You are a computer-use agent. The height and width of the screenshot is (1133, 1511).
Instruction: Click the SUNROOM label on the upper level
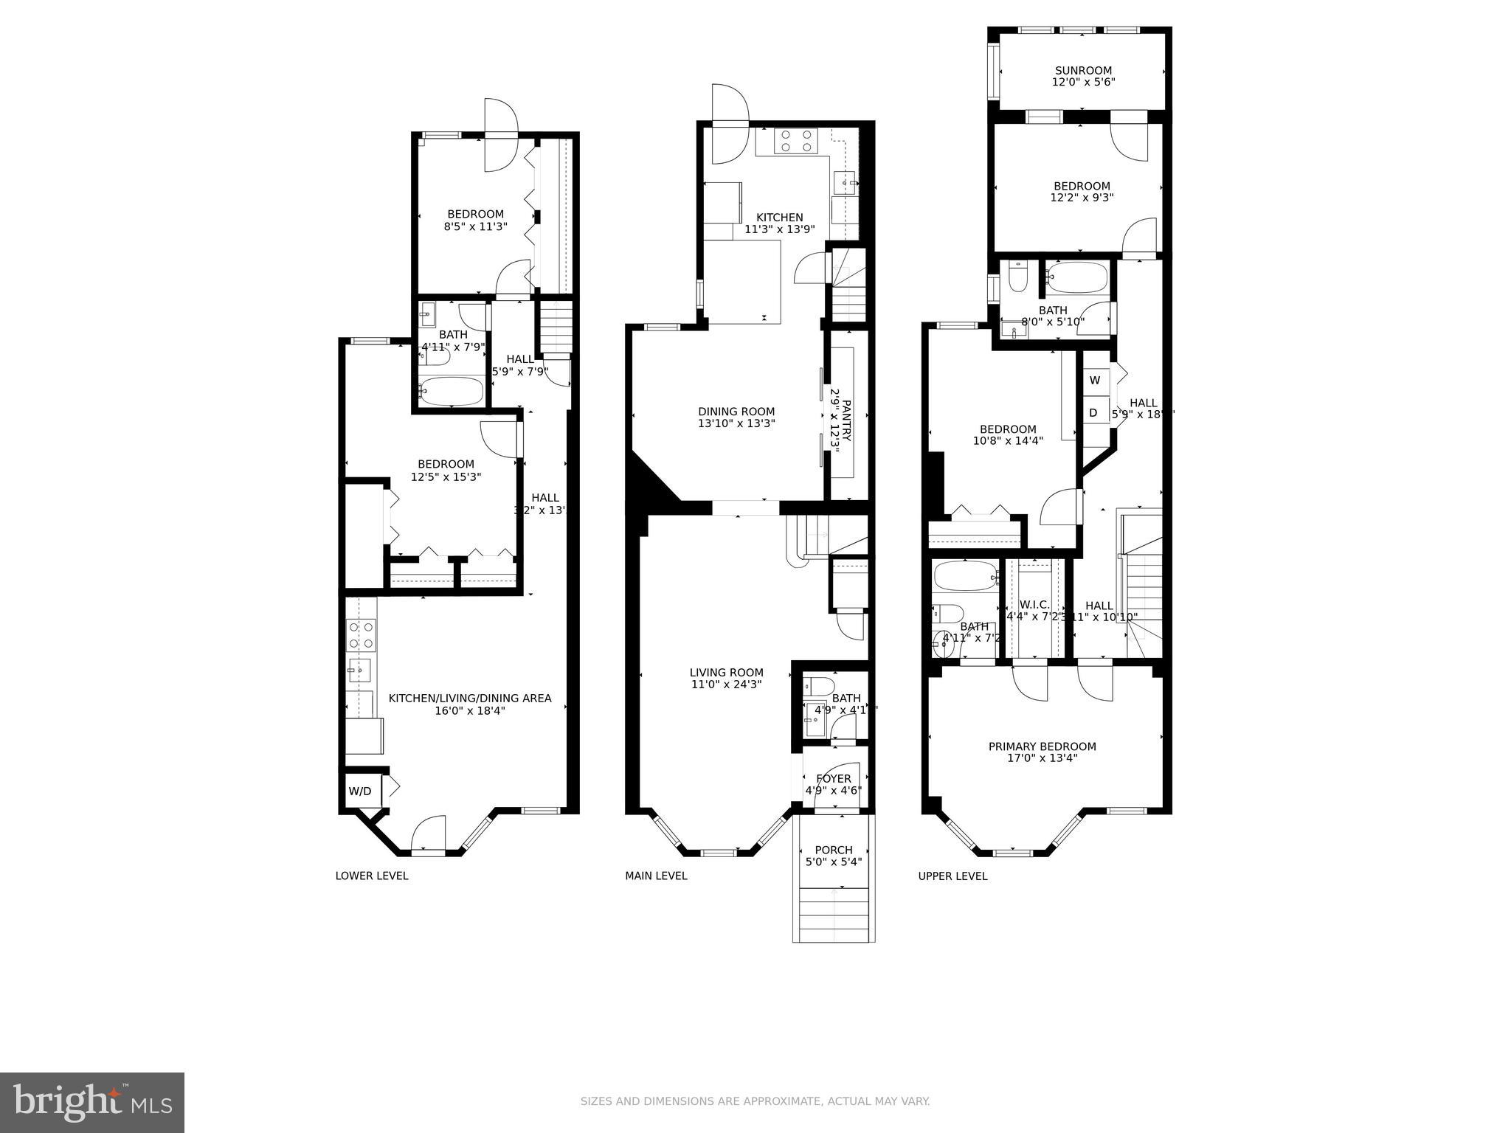[x=1082, y=71]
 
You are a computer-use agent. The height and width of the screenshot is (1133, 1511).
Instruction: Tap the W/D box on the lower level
[x=360, y=791]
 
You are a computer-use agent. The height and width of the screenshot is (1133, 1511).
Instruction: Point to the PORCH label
[x=834, y=850]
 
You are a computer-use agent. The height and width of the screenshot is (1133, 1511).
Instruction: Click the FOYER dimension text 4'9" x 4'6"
[x=834, y=791]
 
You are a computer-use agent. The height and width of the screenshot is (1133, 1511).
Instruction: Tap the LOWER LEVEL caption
[x=371, y=876]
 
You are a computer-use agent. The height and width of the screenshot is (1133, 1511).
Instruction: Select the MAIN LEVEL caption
[x=656, y=876]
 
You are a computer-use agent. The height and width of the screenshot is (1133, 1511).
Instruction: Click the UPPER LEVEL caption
[x=952, y=876]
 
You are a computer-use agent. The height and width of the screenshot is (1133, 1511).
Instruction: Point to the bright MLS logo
[x=92, y=1102]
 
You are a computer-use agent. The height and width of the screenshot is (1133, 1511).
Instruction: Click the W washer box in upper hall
[x=1095, y=381]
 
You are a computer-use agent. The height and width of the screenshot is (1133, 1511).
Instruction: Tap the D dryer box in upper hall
[x=1093, y=413]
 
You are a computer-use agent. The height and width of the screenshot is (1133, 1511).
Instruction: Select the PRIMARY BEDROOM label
[x=1042, y=746]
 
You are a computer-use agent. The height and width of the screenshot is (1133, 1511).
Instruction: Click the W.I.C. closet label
[x=1034, y=605]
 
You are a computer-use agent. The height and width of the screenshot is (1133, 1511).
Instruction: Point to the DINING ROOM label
[x=736, y=412]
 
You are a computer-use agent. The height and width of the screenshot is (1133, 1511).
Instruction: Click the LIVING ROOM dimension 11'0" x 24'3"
[x=726, y=685]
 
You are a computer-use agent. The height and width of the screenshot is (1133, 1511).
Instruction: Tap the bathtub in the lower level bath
[x=451, y=390]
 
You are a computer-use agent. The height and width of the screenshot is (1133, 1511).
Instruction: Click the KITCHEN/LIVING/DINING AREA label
[x=470, y=699]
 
